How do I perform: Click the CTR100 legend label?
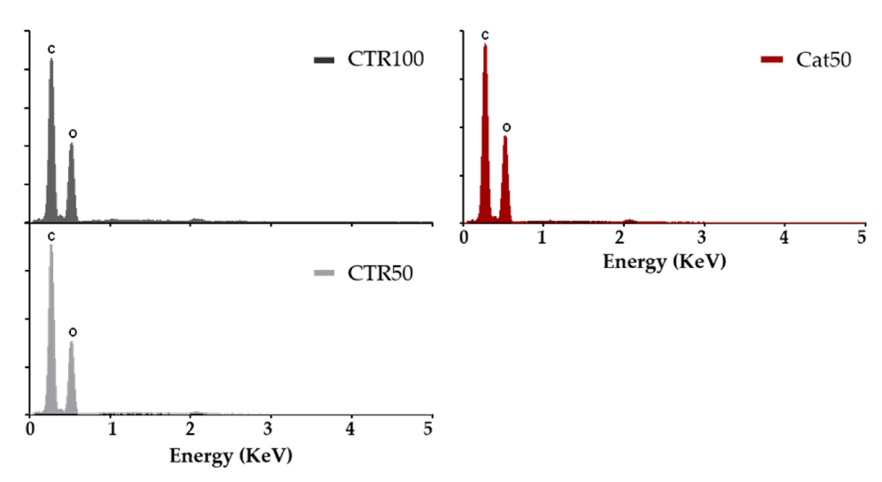(x=385, y=59)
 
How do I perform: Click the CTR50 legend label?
(x=380, y=273)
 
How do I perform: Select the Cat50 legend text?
(x=823, y=60)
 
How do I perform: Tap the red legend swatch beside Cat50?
(x=771, y=59)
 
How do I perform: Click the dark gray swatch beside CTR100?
(x=324, y=60)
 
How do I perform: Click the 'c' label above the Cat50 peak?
(x=485, y=35)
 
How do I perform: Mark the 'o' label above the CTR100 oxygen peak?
(x=73, y=134)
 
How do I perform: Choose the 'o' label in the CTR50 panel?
(x=73, y=332)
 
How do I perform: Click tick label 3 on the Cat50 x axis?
(x=701, y=237)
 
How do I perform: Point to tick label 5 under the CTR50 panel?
(x=428, y=429)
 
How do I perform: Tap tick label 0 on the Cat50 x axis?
(x=464, y=237)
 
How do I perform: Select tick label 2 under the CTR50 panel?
(x=190, y=429)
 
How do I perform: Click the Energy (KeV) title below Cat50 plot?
(x=664, y=262)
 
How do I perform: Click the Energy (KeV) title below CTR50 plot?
(x=231, y=456)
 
